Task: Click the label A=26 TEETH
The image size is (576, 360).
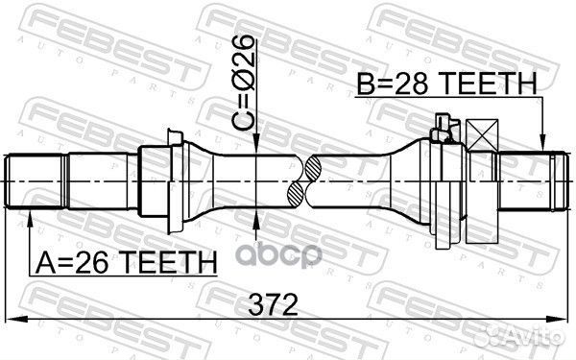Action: pos(126,263)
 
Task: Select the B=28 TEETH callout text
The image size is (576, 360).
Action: pos(447,84)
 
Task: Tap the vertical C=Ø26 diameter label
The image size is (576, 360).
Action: pos(243,84)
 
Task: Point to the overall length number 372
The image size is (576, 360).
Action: pos(273,305)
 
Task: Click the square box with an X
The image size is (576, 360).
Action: pos(482,134)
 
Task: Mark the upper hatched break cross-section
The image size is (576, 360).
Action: pos(313,169)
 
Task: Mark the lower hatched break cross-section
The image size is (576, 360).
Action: pos(296,194)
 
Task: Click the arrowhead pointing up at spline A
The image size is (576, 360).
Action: pos(30,220)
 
